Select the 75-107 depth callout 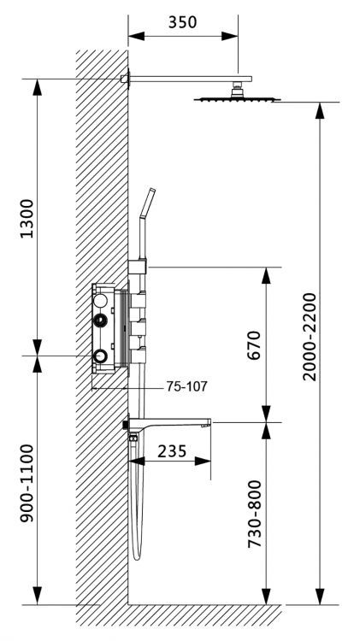[x=187, y=386]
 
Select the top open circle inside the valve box [x=102, y=301]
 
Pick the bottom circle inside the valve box [x=102, y=355]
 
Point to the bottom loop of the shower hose [x=137, y=556]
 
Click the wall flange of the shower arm [x=126, y=79]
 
